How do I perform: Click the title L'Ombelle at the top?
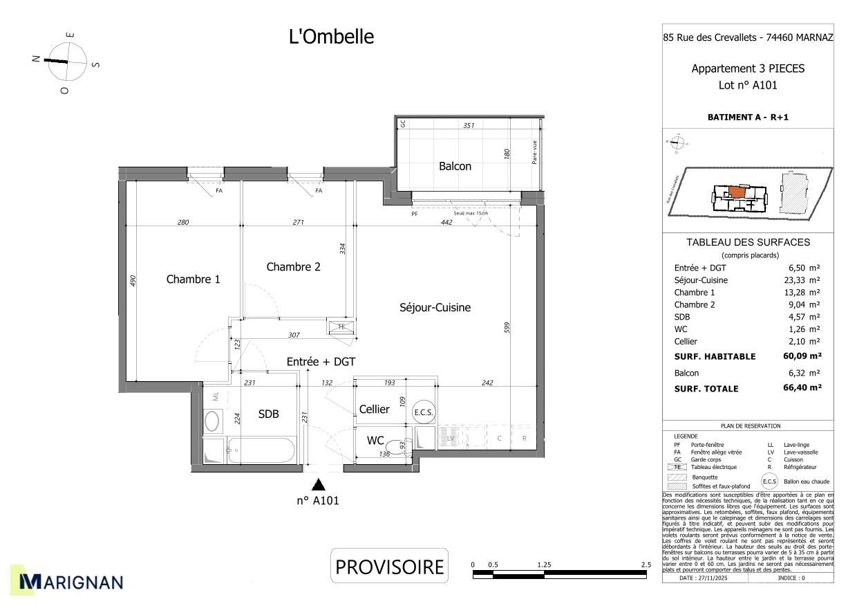(x=331, y=37)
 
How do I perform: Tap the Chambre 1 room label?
(x=193, y=279)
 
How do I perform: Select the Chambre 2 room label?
(x=293, y=267)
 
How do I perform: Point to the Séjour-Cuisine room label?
(x=435, y=307)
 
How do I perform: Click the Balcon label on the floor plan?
(x=455, y=166)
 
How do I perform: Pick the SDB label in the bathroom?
(x=268, y=414)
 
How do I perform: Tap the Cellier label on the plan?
(x=374, y=410)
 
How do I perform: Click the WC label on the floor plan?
(x=375, y=441)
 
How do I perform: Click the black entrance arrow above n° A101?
(x=318, y=484)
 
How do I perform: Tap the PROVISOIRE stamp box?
(x=389, y=567)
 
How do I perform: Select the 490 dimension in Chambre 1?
(x=133, y=280)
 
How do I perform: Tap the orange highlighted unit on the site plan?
(x=737, y=192)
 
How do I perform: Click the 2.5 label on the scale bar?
(x=646, y=564)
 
